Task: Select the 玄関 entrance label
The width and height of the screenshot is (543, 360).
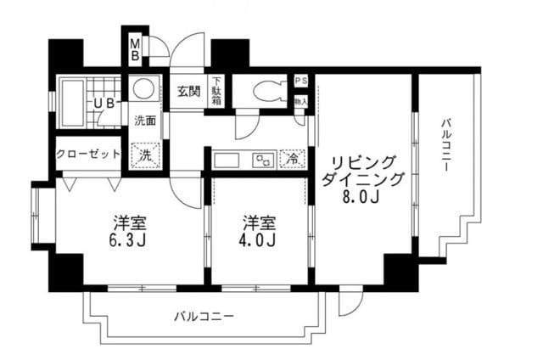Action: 189,91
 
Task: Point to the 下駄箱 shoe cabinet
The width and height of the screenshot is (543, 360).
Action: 216,92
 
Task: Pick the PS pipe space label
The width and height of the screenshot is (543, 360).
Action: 300,81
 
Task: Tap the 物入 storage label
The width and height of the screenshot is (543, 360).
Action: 300,100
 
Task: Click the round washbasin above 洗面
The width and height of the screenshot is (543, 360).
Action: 144,88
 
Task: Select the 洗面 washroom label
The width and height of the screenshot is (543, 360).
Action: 145,120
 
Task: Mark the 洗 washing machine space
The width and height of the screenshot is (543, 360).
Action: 145,155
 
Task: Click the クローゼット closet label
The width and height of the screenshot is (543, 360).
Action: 88,155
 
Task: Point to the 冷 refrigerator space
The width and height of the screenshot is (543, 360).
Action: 292,158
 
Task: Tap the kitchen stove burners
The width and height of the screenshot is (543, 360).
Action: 264,159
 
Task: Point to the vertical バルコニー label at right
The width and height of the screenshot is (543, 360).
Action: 445,147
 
